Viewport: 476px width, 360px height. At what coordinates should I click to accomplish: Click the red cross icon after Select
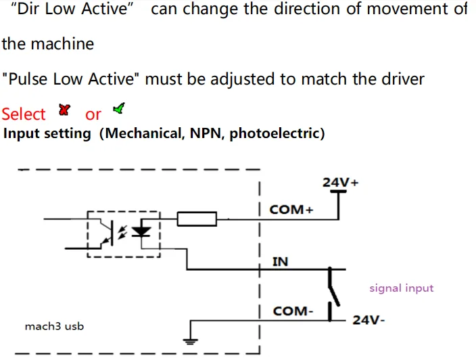coord(65,109)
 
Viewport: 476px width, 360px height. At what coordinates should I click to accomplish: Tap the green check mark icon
coord(119,108)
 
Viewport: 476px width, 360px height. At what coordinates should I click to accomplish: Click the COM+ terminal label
coord(291,209)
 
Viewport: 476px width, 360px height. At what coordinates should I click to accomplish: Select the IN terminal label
coord(280,261)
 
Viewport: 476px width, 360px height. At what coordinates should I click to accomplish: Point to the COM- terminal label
coord(293,311)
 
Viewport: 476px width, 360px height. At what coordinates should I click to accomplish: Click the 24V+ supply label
coord(340,182)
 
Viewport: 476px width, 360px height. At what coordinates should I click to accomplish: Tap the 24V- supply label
coord(368,320)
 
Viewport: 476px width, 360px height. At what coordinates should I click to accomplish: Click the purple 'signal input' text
coord(401,288)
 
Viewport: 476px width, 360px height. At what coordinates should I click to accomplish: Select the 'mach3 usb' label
coord(54,326)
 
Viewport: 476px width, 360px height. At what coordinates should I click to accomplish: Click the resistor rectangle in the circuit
coord(197,219)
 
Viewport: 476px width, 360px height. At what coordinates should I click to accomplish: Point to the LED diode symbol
coord(141,231)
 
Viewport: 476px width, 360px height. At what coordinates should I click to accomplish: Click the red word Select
coord(24,114)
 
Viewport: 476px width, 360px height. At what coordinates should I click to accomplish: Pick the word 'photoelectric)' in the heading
coord(277,133)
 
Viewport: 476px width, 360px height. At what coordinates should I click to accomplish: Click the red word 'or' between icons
coord(93,114)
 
